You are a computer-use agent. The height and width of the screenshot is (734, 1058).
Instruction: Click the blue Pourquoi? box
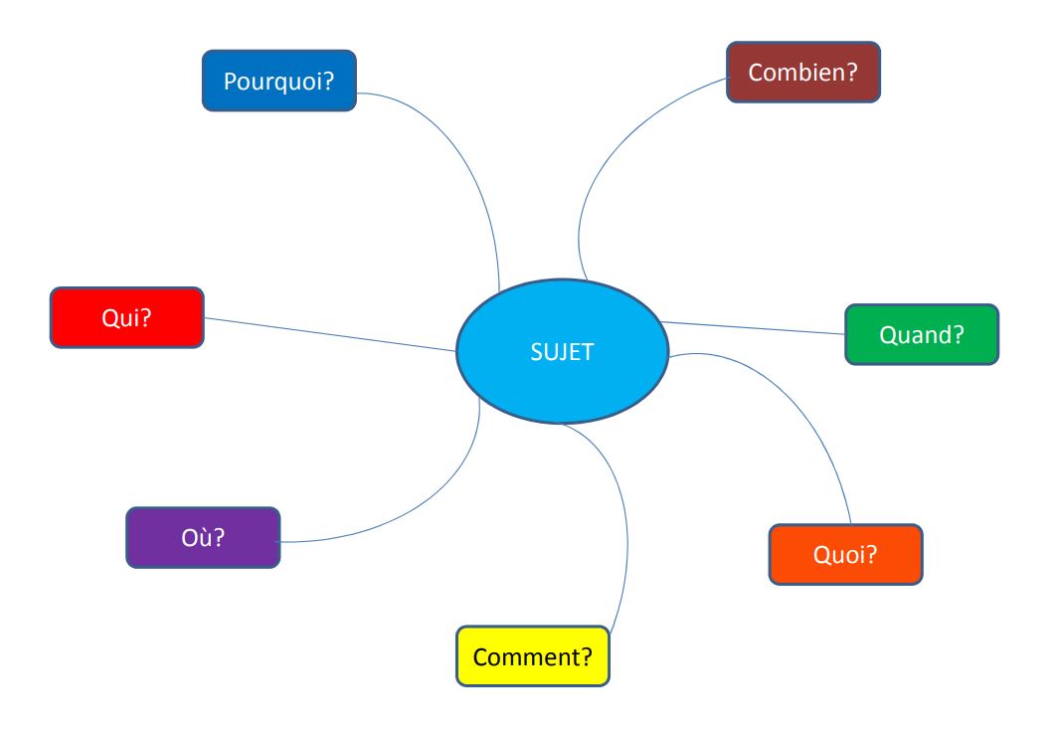(279, 81)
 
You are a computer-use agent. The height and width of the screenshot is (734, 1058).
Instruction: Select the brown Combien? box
(803, 73)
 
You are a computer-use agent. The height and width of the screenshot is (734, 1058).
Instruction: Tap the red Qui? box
(127, 317)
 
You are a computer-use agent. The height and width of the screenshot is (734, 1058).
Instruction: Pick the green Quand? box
(922, 334)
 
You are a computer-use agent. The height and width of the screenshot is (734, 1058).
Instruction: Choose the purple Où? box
(203, 538)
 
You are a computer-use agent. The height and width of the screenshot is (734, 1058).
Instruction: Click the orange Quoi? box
(845, 555)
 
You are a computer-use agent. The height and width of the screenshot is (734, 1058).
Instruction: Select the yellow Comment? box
(533, 656)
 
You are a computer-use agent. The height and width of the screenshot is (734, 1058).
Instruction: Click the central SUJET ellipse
(562, 351)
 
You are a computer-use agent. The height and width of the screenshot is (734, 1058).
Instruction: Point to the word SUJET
(562, 352)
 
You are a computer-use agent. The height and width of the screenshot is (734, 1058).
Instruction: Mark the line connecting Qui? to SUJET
(330, 334)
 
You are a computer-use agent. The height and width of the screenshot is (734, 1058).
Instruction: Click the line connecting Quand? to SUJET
(753, 328)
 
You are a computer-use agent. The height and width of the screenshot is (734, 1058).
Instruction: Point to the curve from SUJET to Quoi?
(796, 405)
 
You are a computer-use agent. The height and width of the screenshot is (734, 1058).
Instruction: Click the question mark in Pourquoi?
(328, 81)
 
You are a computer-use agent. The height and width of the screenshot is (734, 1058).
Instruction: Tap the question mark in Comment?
(586, 656)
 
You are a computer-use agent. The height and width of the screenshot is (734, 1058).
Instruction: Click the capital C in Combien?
(756, 73)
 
